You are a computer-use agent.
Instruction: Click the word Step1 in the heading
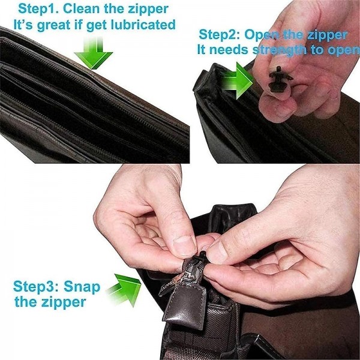tap(38, 9)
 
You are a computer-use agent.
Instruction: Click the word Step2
tap(219, 35)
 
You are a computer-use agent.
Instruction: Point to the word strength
tap(280, 50)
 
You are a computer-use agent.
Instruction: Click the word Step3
tap(36, 287)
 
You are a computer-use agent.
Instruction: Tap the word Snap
tap(82, 287)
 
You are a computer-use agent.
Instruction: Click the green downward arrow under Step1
tap(94, 53)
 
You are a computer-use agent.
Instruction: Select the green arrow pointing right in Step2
tap(238, 81)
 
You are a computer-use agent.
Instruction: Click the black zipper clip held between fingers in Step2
tap(280, 79)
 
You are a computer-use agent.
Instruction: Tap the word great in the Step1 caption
tap(56, 25)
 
